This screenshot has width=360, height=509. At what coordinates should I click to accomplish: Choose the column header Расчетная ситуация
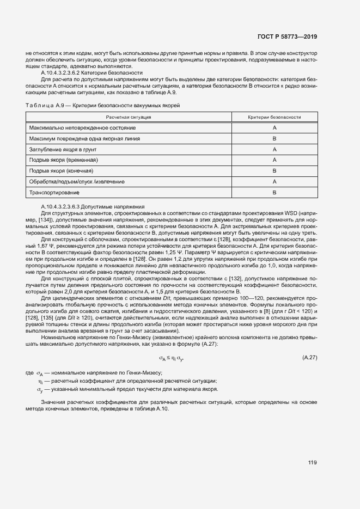[x=129, y=117]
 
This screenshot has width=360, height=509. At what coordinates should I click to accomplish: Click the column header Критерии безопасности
[x=274, y=117]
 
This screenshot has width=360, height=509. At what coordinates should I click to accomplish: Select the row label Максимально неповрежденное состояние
[x=75, y=127]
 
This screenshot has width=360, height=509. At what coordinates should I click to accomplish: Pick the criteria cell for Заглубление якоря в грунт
[x=274, y=149]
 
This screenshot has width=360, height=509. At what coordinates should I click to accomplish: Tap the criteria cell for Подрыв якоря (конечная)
[x=274, y=170]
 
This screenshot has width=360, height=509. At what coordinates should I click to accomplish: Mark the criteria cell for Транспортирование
[x=274, y=192]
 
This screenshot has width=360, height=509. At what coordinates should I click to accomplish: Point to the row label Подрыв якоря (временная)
[x=63, y=160]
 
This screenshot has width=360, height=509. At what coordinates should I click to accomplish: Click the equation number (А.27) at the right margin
[x=309, y=357]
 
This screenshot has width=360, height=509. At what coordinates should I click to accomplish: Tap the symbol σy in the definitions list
[x=39, y=389]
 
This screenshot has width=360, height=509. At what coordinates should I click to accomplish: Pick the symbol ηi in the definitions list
[x=40, y=381]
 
